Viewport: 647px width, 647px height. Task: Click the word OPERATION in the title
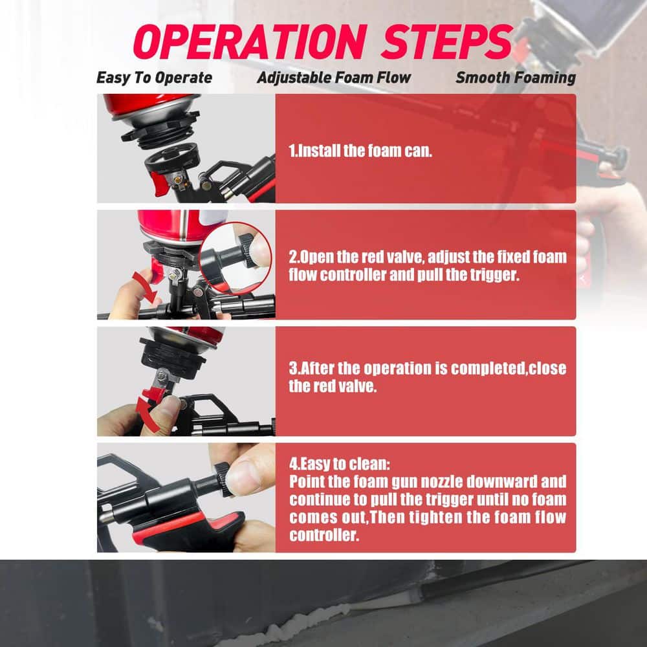click(x=250, y=41)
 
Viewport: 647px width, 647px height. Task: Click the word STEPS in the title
click(x=447, y=41)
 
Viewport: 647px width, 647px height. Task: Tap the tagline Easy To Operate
click(x=155, y=78)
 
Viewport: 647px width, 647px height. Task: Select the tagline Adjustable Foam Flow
click(x=334, y=78)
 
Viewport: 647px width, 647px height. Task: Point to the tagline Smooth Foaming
click(x=516, y=78)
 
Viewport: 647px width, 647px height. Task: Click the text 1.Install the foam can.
click(x=360, y=151)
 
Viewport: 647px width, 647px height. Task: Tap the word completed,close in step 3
click(x=509, y=369)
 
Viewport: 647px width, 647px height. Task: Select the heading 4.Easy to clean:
click(x=339, y=464)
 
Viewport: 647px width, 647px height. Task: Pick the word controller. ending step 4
click(x=324, y=535)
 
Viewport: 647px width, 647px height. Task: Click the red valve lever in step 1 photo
click(x=159, y=183)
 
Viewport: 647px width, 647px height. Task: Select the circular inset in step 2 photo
click(x=236, y=258)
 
